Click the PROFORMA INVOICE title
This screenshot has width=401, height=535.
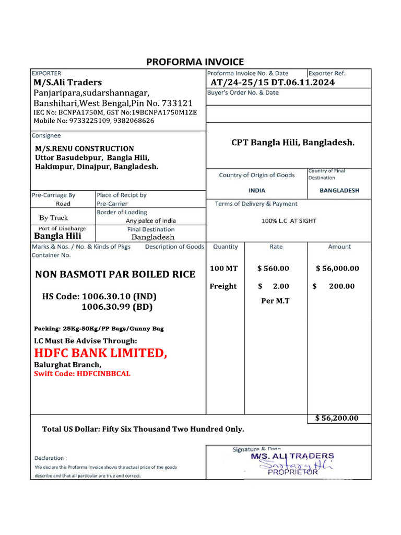pyautogui.click(x=195, y=62)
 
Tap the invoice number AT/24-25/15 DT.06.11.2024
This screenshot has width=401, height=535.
pyautogui.click(x=273, y=83)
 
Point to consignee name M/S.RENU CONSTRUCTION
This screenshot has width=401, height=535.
pyautogui.click(x=85, y=149)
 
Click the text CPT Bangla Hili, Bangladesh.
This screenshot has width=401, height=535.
pyautogui.click(x=293, y=142)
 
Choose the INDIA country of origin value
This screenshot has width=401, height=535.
pyautogui.click(x=257, y=191)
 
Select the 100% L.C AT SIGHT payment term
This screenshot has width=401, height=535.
pyautogui.click(x=289, y=221)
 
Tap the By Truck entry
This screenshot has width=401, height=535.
pyautogui.click(x=53, y=218)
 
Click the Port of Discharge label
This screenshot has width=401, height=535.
pyautogui.click(x=62, y=229)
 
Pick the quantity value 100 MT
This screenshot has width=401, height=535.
pyautogui.click(x=223, y=269)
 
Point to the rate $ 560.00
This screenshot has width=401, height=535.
pyautogui.click(x=273, y=269)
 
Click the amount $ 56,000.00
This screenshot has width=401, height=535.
pyautogui.click(x=337, y=269)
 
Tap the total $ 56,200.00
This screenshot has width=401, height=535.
pyautogui.click(x=337, y=418)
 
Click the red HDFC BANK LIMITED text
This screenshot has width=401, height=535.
pyautogui.click(x=101, y=353)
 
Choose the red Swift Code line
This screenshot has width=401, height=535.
pyautogui.click(x=82, y=374)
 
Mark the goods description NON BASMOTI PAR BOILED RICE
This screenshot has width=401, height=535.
pyautogui.click(x=115, y=274)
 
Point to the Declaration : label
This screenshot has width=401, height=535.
pyautogui.click(x=51, y=458)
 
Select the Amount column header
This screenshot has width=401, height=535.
pyautogui.click(x=339, y=247)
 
